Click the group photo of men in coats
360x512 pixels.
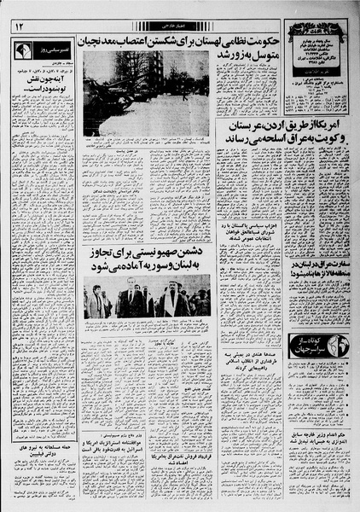146,300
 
